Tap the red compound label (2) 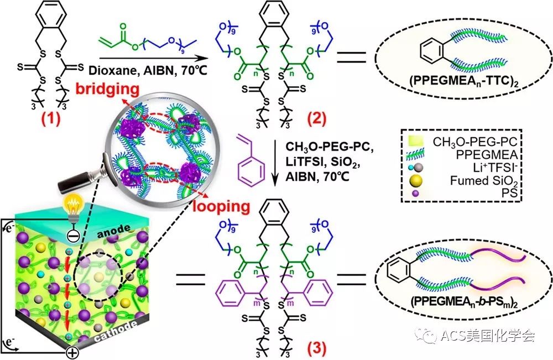tap(316, 119)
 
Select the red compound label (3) tap(316, 348)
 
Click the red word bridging tap(108, 89)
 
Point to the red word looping tap(221, 206)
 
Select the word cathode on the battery tap(116, 331)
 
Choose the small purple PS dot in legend tap(416, 193)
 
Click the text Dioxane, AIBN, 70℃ tap(148, 70)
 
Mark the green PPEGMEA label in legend tap(487, 154)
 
